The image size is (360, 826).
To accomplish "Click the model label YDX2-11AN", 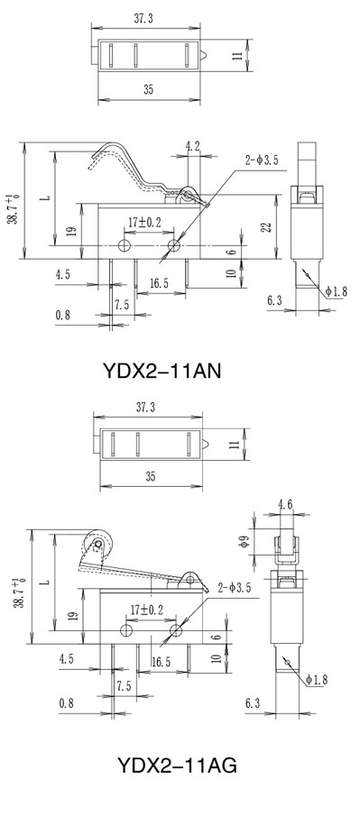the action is pyautogui.click(x=162, y=372).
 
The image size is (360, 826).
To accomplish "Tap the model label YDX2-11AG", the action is pyautogui.click(x=177, y=765).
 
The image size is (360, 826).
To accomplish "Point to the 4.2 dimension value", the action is pyautogui.click(x=193, y=146).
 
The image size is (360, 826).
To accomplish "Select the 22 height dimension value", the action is pyautogui.click(x=267, y=226).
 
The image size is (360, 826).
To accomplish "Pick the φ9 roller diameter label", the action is pyautogui.click(x=244, y=541).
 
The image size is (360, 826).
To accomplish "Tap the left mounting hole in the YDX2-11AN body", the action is pyautogui.click(x=125, y=245).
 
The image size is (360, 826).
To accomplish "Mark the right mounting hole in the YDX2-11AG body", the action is pyautogui.click(x=176, y=630).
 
